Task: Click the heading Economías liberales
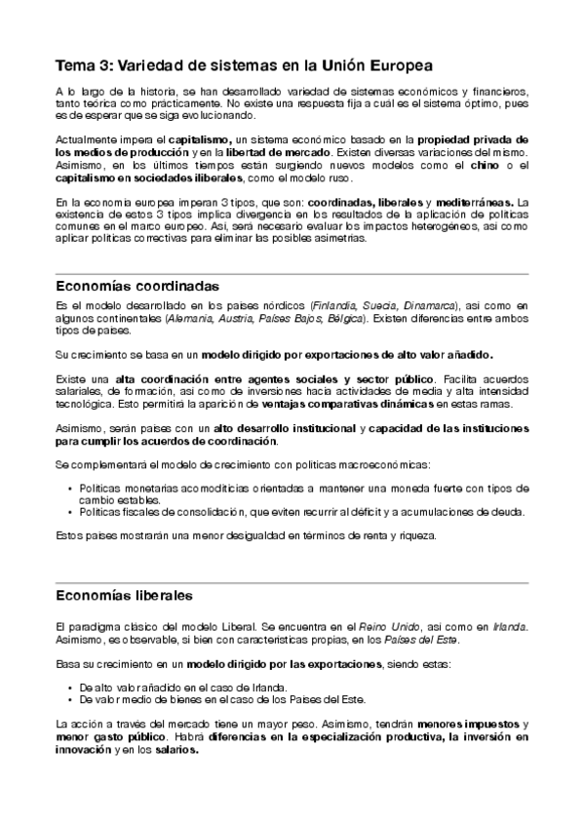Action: (x=124, y=594)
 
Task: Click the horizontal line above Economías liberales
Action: (x=292, y=581)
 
